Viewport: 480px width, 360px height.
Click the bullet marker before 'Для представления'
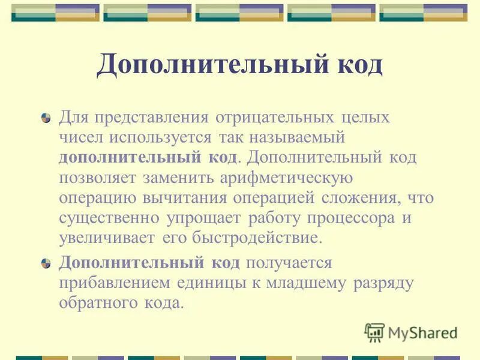pyautogui.click(x=46, y=118)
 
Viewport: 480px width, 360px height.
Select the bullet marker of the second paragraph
pyautogui.click(x=46, y=264)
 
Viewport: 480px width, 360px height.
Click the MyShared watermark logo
pyautogui.click(x=412, y=332)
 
